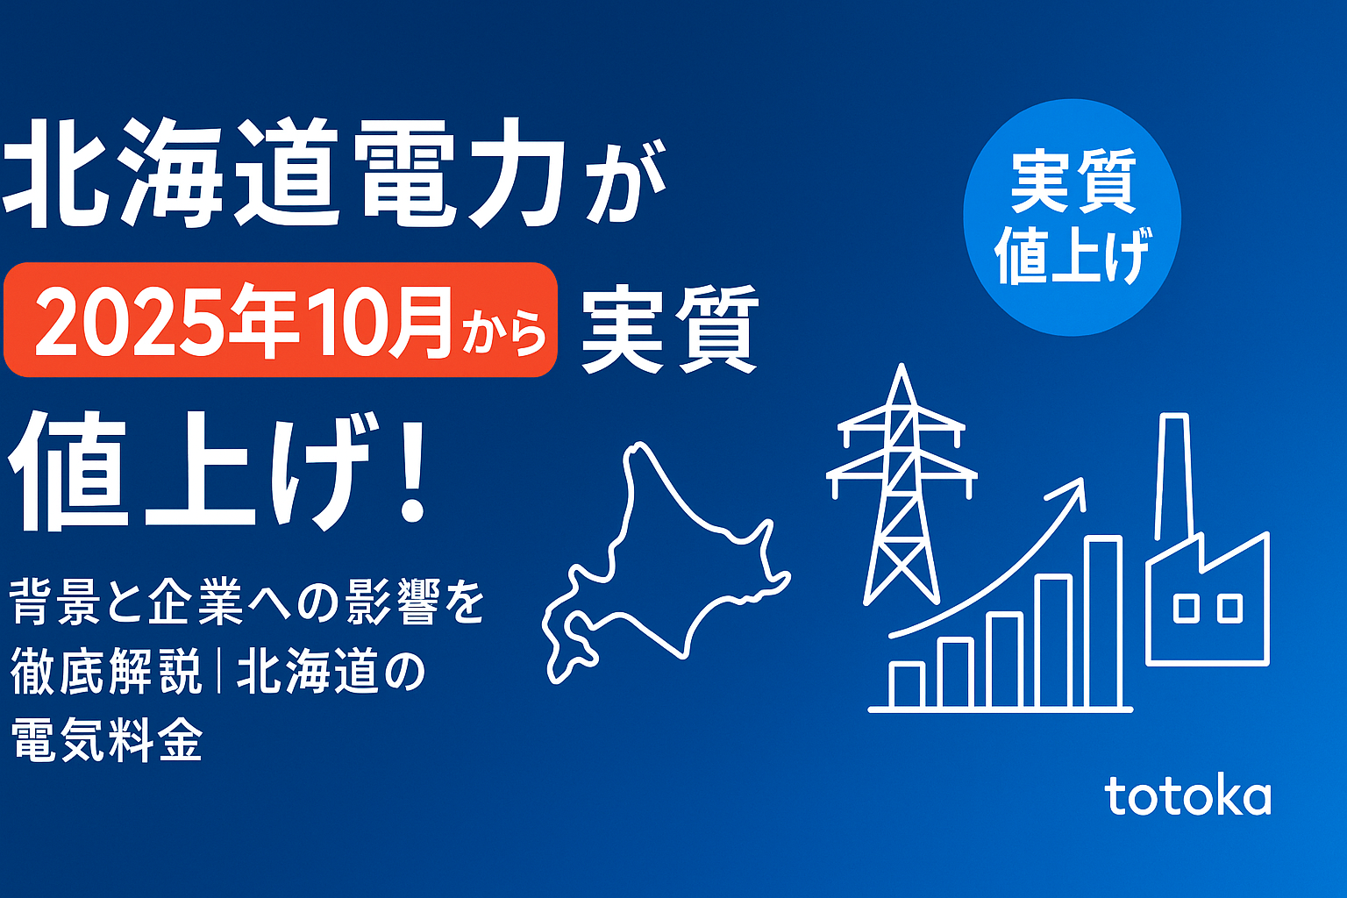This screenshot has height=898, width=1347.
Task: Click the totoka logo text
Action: point(1188,795)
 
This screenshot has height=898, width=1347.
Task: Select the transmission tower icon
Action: point(902,485)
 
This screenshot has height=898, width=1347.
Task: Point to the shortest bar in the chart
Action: point(907,685)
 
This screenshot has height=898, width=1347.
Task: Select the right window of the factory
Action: point(1229,609)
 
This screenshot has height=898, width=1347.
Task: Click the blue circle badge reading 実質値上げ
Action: point(1073,217)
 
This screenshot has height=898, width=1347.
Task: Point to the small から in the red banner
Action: point(504,334)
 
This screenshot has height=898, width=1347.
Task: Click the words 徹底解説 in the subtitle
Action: point(106,673)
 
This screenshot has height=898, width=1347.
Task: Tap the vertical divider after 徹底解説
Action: point(219,673)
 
